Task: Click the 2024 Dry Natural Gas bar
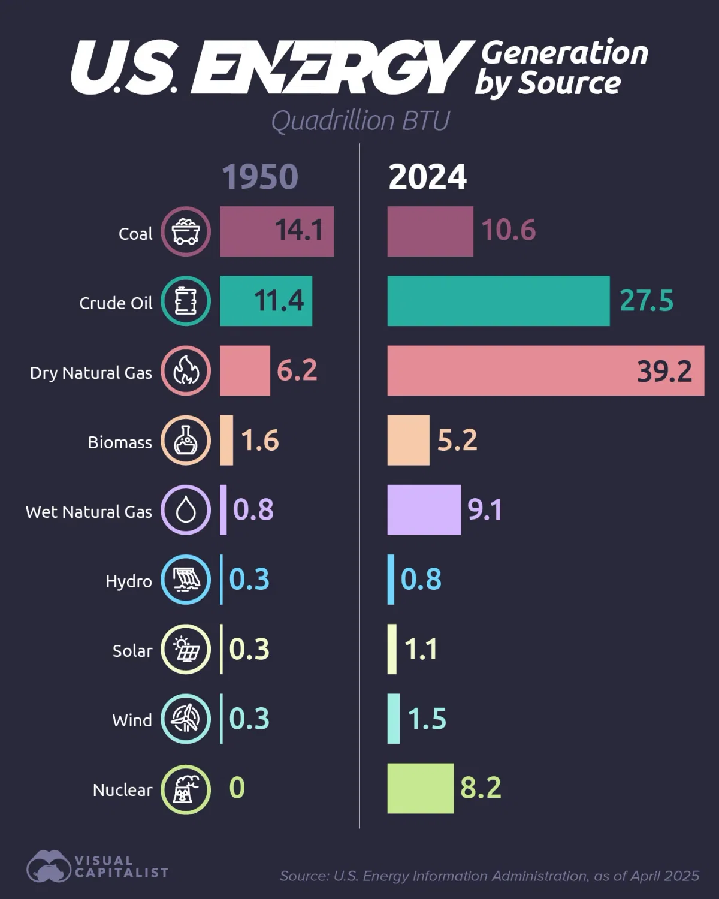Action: pyautogui.click(x=545, y=370)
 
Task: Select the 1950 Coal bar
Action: pyautogui.click(x=276, y=231)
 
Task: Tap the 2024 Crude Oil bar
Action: pyautogui.click(x=498, y=301)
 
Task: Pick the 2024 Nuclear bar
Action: pyautogui.click(x=420, y=788)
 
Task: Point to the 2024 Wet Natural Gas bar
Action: pyautogui.click(x=424, y=509)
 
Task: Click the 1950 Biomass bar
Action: pyautogui.click(x=226, y=440)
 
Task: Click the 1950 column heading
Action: pyautogui.click(x=260, y=177)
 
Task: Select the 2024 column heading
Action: pyautogui.click(x=427, y=177)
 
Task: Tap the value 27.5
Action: pyautogui.click(x=646, y=301)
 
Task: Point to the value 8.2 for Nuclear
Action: pyautogui.click(x=481, y=788)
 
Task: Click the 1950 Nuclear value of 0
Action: pyautogui.click(x=237, y=788)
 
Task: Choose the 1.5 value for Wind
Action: pyautogui.click(x=427, y=719)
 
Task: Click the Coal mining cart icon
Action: pyautogui.click(x=186, y=231)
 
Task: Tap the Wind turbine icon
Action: pyautogui.click(x=186, y=719)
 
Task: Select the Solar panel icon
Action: pyautogui.click(x=186, y=649)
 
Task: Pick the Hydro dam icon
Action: pyautogui.click(x=186, y=580)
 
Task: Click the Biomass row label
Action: pyautogui.click(x=120, y=442)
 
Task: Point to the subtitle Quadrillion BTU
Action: pyautogui.click(x=360, y=121)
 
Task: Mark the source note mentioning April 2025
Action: pyautogui.click(x=489, y=876)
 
